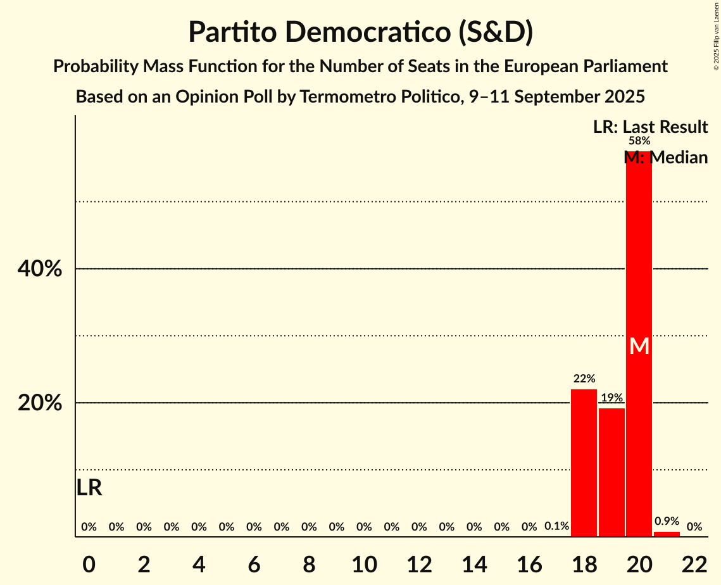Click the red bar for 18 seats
(584, 463)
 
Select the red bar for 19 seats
(611, 472)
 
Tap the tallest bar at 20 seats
(639, 285)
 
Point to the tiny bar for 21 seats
(667, 534)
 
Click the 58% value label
(639, 141)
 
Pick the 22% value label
(584, 379)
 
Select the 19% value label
(611, 398)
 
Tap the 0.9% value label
(667, 521)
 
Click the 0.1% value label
(556, 526)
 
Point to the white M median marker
(639, 346)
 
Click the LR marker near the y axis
(89, 487)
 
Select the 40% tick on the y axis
(40, 269)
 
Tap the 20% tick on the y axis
(40, 403)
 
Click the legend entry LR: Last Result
(650, 127)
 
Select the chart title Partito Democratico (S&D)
(360, 32)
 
